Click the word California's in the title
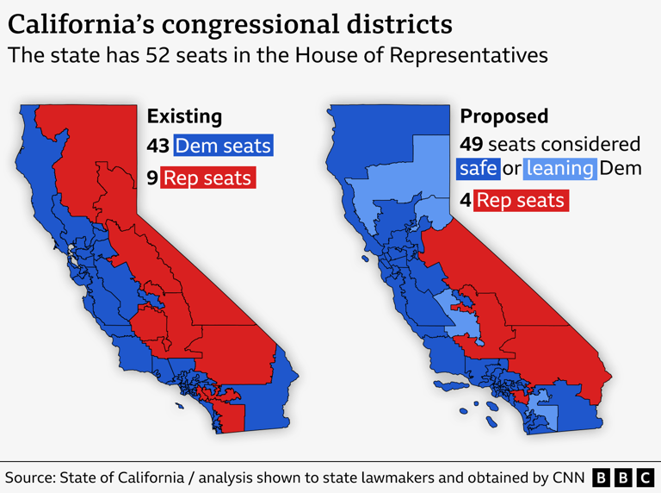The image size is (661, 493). (x=82, y=23)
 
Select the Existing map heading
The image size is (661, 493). (x=184, y=116)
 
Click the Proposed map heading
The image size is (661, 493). (x=503, y=116)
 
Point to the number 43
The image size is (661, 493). (x=158, y=146)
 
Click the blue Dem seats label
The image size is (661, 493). (x=223, y=146)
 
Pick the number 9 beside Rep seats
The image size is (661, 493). (x=152, y=178)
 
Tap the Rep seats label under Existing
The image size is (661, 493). (x=207, y=178)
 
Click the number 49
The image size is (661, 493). (x=472, y=144)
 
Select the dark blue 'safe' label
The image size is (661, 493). (x=479, y=167)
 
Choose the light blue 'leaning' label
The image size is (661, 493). (x=560, y=167)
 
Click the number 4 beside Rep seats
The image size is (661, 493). (x=465, y=201)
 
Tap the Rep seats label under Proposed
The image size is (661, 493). (x=520, y=201)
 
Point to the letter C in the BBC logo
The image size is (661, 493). (x=645, y=477)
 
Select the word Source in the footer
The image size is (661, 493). (x=31, y=477)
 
